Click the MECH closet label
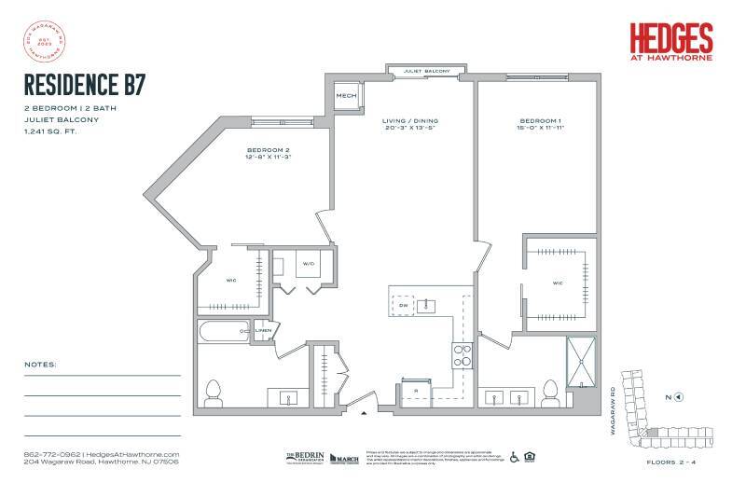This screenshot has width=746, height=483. pos(347,95)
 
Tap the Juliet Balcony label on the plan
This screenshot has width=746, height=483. pos(427,72)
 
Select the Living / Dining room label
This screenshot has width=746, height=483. pos(409,121)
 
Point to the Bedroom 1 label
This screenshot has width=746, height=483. pos(538,121)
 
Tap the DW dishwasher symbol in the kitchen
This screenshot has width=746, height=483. pos(403,304)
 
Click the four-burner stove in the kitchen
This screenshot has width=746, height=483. pos(462,353)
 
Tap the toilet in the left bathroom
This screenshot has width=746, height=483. pos(214,391)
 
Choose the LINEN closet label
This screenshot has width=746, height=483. pos(264,330)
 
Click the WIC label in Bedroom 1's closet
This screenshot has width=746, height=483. pos(557,283)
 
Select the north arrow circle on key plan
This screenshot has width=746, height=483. pos(679,397)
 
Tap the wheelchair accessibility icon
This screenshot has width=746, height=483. pos(513,457)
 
